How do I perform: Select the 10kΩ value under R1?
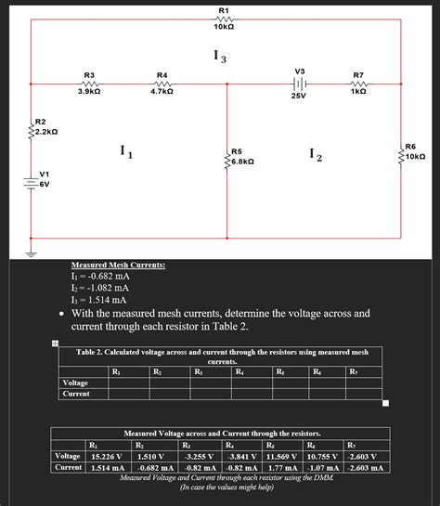(224, 28)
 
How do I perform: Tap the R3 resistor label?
(89, 74)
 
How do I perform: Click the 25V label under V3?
(299, 96)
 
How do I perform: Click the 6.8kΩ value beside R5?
(244, 162)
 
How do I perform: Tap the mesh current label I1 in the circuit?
(127, 153)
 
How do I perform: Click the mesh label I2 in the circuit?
(317, 156)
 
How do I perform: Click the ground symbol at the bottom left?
(32, 251)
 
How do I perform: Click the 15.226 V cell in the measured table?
(101, 456)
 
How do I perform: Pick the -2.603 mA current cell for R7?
(365, 468)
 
